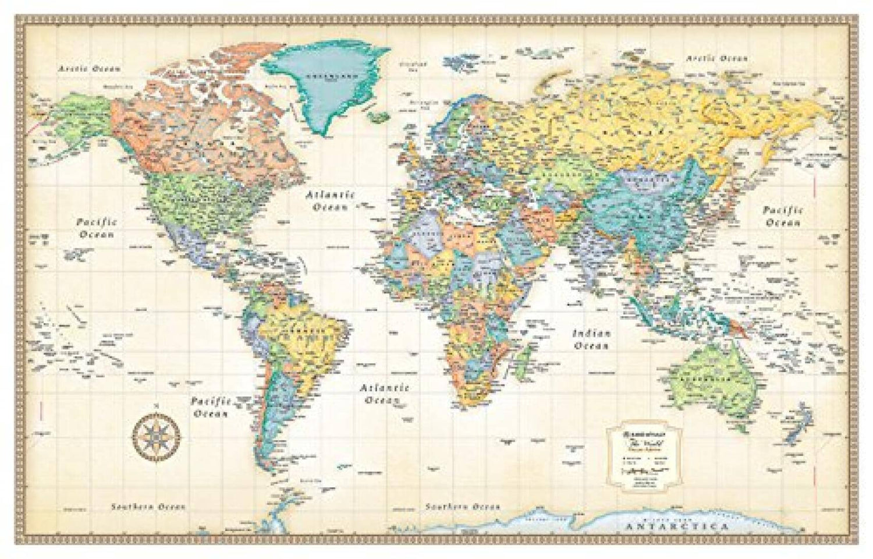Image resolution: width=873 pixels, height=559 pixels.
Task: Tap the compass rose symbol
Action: tap(155, 433)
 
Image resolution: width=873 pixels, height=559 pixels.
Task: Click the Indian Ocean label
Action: tap(591, 339)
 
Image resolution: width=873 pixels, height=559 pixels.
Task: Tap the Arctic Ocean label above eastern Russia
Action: tap(716, 58)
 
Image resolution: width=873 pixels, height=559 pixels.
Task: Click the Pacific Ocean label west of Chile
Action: tap(210, 408)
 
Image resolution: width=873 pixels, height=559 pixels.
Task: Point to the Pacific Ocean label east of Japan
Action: tap(783, 216)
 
